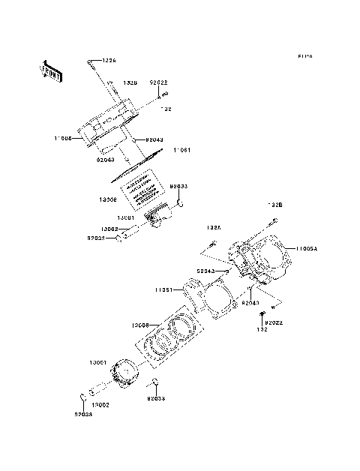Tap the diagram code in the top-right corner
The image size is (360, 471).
[x=304, y=56]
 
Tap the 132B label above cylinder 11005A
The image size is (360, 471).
[x=275, y=204]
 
